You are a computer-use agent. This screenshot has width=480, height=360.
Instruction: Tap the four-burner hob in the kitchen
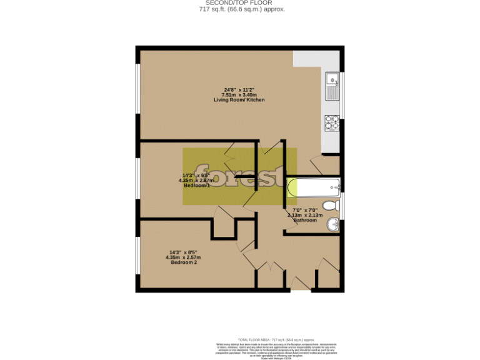(331, 122)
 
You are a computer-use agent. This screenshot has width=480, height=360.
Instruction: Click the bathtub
(313, 186)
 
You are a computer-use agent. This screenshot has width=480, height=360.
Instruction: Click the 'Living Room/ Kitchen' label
(239, 100)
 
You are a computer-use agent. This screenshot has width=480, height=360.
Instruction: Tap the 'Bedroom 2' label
(183, 262)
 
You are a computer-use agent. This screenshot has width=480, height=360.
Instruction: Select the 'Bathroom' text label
(305, 220)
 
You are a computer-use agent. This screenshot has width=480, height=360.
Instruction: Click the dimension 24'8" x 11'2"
(239, 89)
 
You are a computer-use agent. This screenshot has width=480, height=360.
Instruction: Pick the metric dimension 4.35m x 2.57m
(183, 257)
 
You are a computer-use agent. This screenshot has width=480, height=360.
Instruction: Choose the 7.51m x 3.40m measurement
(239, 95)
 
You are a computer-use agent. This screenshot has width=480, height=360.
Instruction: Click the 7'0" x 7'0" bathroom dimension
(305, 210)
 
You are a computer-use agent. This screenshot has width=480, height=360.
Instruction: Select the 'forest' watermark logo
(239, 176)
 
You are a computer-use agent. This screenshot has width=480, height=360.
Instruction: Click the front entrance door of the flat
(301, 289)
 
